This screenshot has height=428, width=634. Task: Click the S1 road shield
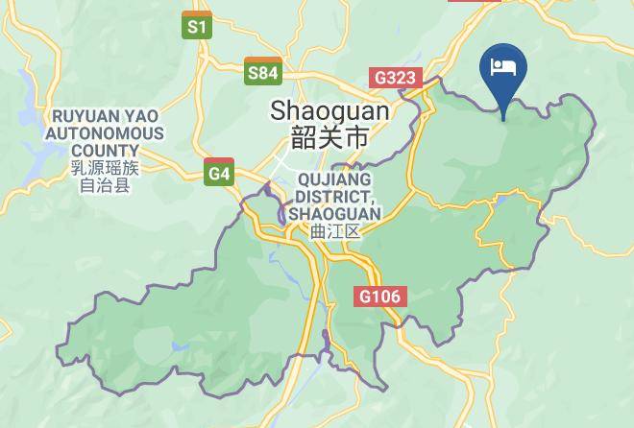pos(197,26)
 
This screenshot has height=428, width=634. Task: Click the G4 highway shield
pos(219,173)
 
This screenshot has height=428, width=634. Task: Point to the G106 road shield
pos(380,297)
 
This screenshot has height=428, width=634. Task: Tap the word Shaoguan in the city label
pos(329,110)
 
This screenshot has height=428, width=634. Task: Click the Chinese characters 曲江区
pos(334,231)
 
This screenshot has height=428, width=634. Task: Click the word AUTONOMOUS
pos(105,134)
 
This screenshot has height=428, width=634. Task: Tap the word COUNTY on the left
pos(105,151)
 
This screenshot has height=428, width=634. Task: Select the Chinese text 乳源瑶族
pos(105,168)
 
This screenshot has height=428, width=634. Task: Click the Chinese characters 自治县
pos(105,185)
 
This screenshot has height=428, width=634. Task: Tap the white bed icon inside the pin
pos(503,66)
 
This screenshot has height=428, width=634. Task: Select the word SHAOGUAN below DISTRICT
pos(334,214)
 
